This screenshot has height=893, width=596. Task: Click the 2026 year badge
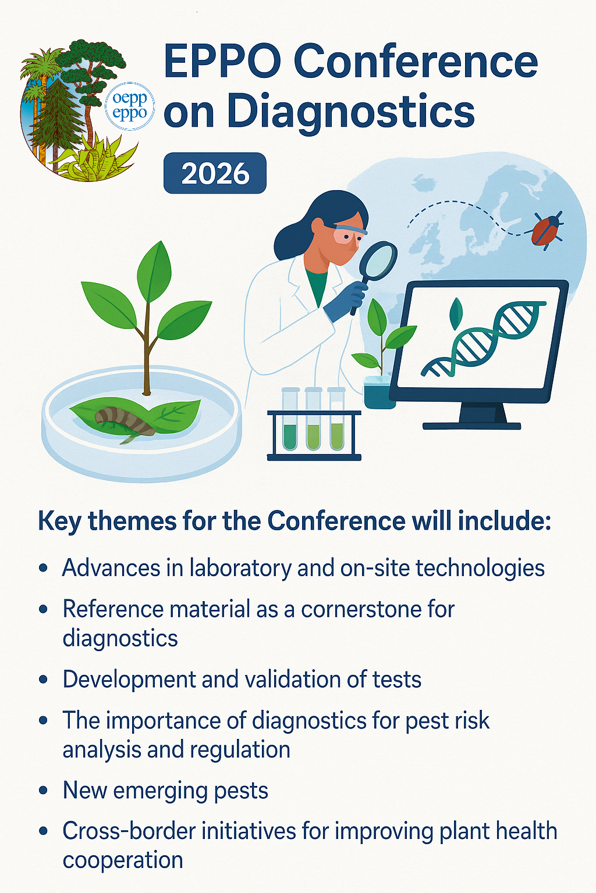coord(215,173)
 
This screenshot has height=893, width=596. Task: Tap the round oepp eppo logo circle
coord(129,106)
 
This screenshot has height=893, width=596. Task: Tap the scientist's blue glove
coord(346,301)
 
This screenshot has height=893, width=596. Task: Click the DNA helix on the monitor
coord(484,339)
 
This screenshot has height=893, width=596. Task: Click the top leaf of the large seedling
coord(154,272)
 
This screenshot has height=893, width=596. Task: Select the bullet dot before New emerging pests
coord(44,790)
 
